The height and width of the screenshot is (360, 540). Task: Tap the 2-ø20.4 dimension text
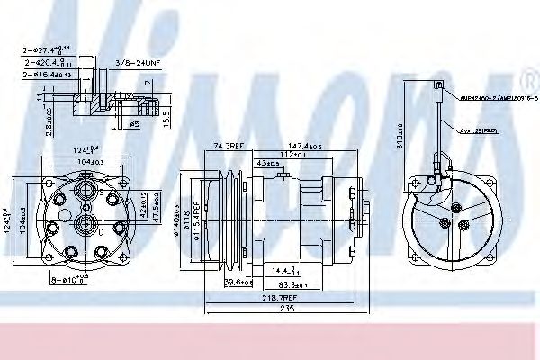49,64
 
